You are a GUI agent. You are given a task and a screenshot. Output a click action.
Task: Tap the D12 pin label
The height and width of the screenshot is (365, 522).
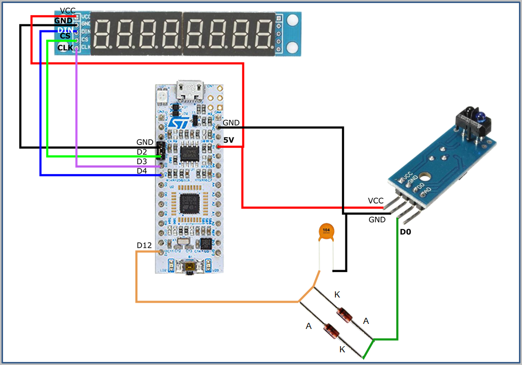[x=144, y=246]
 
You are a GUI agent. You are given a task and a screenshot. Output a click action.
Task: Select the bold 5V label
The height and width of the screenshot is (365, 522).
[x=229, y=139]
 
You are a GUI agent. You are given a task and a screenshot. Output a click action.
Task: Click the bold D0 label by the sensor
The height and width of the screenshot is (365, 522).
[x=405, y=232]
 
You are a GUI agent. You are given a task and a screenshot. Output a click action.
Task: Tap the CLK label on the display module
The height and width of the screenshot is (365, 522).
[x=65, y=48]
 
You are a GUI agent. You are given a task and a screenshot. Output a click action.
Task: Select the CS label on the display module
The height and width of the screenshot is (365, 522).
[x=65, y=36]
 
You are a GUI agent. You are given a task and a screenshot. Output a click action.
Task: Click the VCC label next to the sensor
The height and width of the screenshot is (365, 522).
[x=375, y=201]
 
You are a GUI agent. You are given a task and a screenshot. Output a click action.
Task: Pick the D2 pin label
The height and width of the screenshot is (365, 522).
[x=142, y=152]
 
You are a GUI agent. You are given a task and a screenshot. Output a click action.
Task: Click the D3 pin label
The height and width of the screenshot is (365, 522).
[x=142, y=161]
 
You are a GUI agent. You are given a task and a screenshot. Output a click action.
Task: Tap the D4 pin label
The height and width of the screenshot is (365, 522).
[x=142, y=171]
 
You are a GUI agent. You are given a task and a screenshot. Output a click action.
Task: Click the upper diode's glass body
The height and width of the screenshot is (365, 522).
[x=344, y=314]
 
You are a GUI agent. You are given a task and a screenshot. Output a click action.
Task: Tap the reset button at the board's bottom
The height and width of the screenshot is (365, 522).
[x=189, y=267]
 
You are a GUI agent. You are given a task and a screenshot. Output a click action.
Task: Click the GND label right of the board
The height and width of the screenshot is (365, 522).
[x=231, y=123]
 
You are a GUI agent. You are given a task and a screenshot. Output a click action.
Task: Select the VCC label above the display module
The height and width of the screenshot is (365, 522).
[x=67, y=11]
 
